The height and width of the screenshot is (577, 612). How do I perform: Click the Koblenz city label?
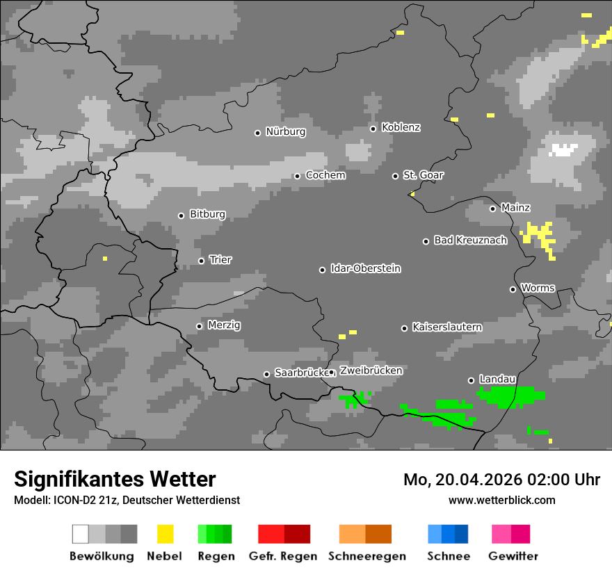point(401,127)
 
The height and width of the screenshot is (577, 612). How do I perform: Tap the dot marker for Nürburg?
point(257,132)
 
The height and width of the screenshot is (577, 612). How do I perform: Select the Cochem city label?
point(325,175)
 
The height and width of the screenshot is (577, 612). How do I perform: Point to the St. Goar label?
point(423,175)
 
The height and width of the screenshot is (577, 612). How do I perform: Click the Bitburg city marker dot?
point(181,216)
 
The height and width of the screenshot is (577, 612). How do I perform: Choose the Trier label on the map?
point(220,259)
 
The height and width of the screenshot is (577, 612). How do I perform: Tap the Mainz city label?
point(515,207)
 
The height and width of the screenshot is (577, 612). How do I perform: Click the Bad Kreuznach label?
point(470,240)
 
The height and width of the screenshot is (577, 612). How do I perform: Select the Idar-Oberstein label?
point(366,268)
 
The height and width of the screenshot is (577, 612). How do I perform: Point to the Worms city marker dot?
point(513,289)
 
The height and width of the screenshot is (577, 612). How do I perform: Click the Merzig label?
point(225,325)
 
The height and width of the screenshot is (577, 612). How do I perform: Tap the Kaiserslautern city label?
point(447,327)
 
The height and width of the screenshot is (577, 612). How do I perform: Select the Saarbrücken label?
point(300,373)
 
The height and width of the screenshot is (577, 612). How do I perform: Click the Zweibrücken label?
point(371,371)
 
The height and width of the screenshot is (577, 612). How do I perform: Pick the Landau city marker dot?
point(471,380)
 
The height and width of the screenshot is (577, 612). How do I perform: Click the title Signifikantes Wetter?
point(115,479)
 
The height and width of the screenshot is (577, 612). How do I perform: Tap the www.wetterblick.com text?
point(501,500)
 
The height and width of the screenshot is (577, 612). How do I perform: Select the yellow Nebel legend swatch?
point(165,534)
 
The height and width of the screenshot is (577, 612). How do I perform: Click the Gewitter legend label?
point(513,556)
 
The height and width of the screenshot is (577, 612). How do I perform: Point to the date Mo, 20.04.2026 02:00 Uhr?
point(501,480)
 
